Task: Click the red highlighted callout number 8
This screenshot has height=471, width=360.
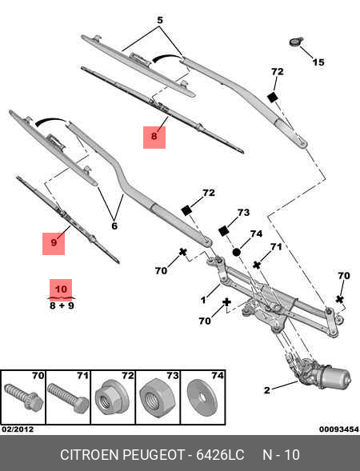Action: (x=154, y=138)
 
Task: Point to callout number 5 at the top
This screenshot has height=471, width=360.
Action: (x=159, y=19)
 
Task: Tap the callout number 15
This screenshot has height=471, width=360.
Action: (x=318, y=62)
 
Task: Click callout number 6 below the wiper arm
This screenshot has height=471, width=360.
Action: (x=114, y=226)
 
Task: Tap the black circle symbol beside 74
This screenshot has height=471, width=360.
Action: (x=237, y=252)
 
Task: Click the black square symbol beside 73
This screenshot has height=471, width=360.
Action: (x=224, y=230)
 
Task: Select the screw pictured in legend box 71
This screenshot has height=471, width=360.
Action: (x=66, y=397)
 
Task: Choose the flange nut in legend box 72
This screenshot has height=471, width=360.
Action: (x=110, y=397)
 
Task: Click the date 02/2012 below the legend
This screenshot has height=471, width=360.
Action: (x=18, y=429)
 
